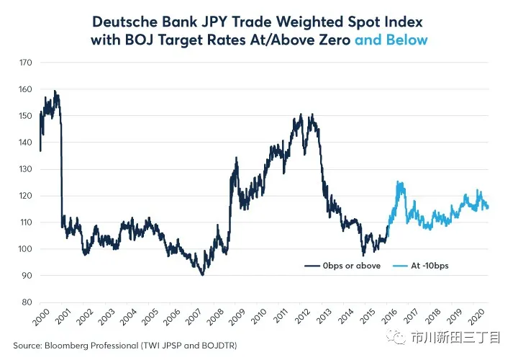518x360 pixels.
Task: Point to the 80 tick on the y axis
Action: [x=26, y=302]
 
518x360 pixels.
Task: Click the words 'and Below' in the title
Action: [x=391, y=40]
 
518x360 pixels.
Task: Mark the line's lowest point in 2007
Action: [x=202, y=275]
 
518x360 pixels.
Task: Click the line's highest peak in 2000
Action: [x=55, y=91]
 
